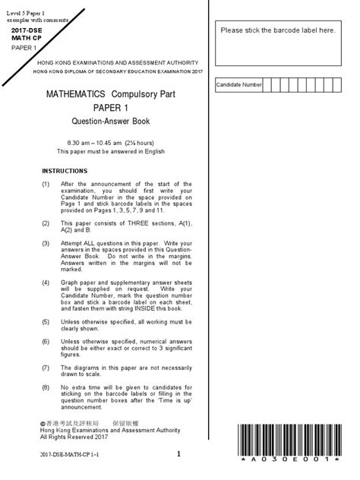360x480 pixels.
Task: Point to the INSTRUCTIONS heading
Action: (65, 171)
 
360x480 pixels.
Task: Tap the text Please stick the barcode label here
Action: (278, 30)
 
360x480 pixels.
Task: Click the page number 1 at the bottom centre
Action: (179, 454)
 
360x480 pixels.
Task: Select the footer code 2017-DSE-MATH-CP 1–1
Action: (69, 454)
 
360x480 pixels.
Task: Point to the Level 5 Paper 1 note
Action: (25, 5)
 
